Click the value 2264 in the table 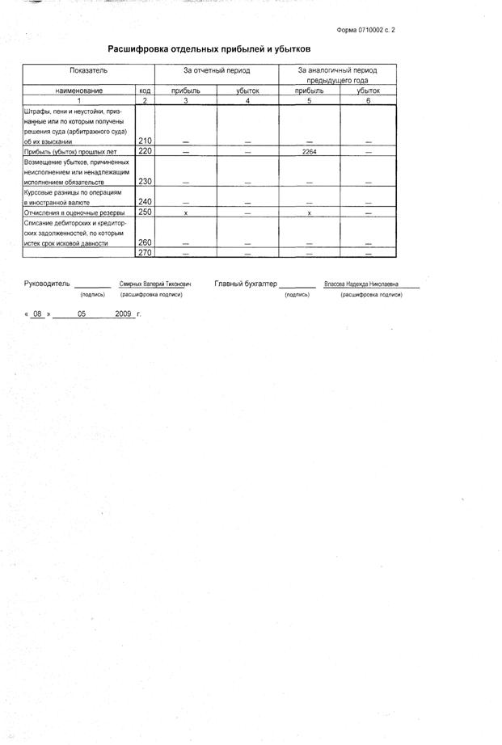[309, 151]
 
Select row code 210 [146, 141]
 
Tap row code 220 [146, 151]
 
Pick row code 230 [146, 181]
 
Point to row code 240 [146, 201]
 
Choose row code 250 [146, 212]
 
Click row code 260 [146, 242]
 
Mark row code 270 [146, 252]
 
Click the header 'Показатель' [88, 71]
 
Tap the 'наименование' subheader [78, 91]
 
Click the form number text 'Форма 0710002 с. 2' [365, 30]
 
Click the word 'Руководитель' [48, 284]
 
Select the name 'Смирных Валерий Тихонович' [155, 284]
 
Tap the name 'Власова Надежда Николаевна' [361, 284]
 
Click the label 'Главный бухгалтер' [246, 284]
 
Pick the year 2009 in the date [124, 313]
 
